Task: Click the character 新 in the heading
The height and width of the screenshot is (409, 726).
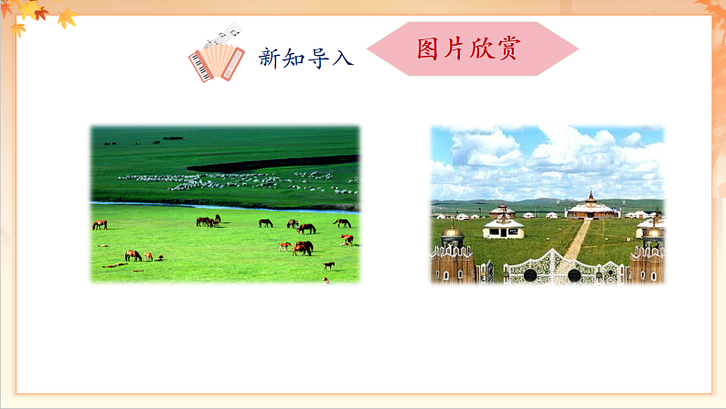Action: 269,59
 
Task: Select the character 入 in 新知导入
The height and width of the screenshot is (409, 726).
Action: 341,59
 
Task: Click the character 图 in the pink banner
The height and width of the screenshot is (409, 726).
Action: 429,48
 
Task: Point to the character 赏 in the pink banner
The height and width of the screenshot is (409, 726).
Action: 508,48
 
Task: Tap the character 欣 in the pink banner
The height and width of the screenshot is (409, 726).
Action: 482,48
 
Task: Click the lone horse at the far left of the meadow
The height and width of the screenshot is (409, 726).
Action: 99,224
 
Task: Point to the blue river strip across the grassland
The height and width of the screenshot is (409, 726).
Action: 219,206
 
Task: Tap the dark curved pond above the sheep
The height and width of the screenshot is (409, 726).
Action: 274,163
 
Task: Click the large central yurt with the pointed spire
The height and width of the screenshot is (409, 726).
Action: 592,208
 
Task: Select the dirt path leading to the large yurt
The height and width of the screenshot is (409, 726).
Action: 577,240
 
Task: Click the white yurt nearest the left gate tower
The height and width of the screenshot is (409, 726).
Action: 504,224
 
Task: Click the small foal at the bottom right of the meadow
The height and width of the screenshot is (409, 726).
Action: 328,265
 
